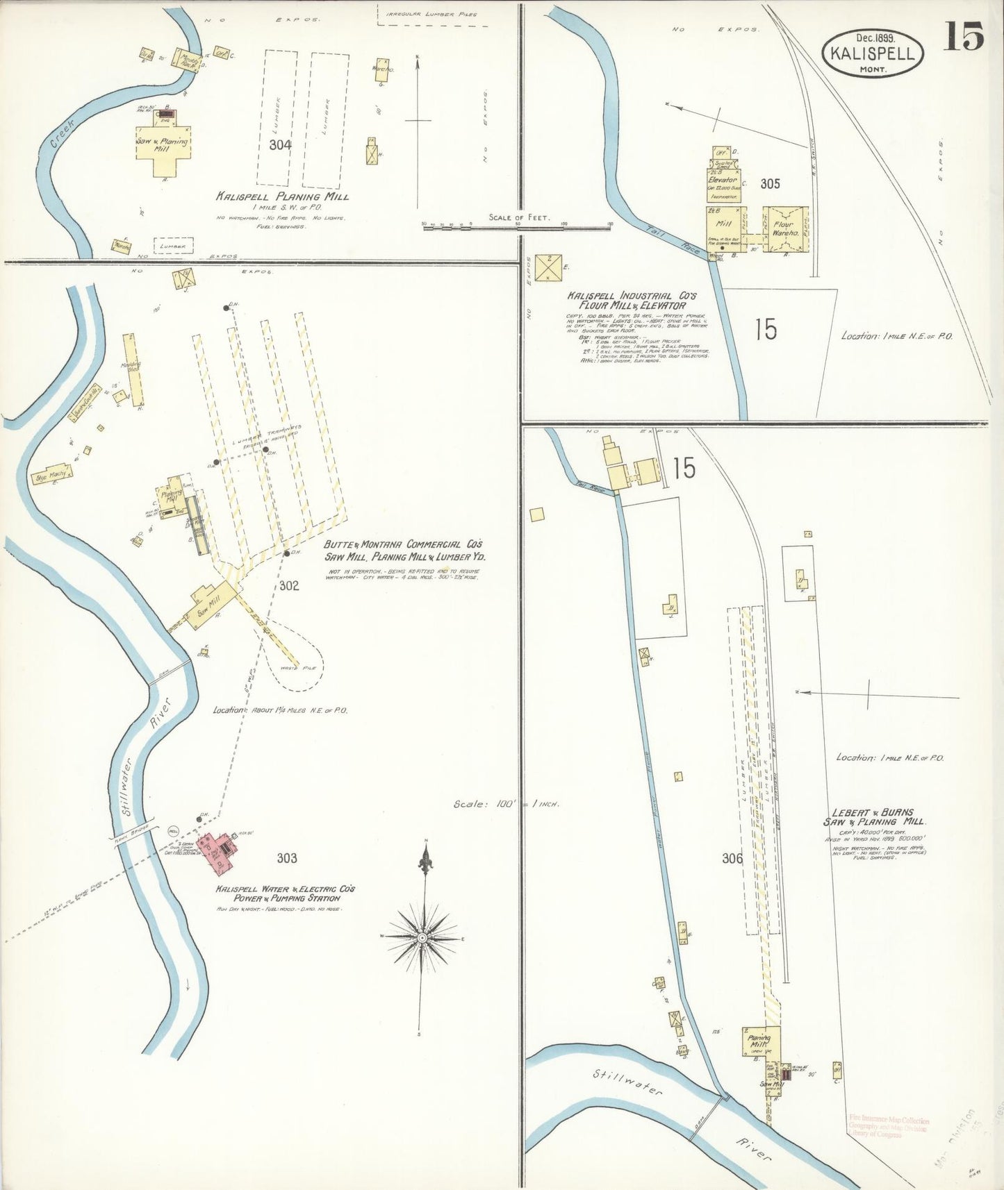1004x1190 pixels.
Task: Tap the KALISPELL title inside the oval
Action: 873,52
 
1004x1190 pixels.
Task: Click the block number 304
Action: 281,144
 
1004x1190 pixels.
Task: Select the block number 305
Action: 770,183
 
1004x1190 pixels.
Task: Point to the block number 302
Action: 289,585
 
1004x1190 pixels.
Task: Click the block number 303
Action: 286,858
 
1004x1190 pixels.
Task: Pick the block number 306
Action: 732,858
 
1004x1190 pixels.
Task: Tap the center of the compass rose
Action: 421,937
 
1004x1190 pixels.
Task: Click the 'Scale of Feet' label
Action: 519,217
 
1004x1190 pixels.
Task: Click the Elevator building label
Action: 723,181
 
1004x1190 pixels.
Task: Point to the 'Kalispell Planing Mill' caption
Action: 282,196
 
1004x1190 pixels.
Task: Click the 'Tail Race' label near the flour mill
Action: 666,236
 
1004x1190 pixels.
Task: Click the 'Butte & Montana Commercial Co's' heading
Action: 402,545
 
